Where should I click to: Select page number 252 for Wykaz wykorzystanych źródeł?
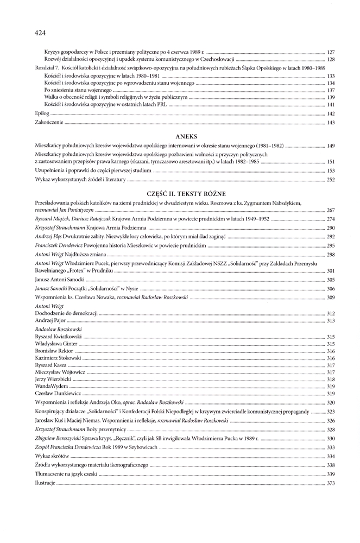330,180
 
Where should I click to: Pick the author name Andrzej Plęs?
46,237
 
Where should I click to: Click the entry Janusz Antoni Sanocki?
57,280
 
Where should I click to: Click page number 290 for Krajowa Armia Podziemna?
330,228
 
